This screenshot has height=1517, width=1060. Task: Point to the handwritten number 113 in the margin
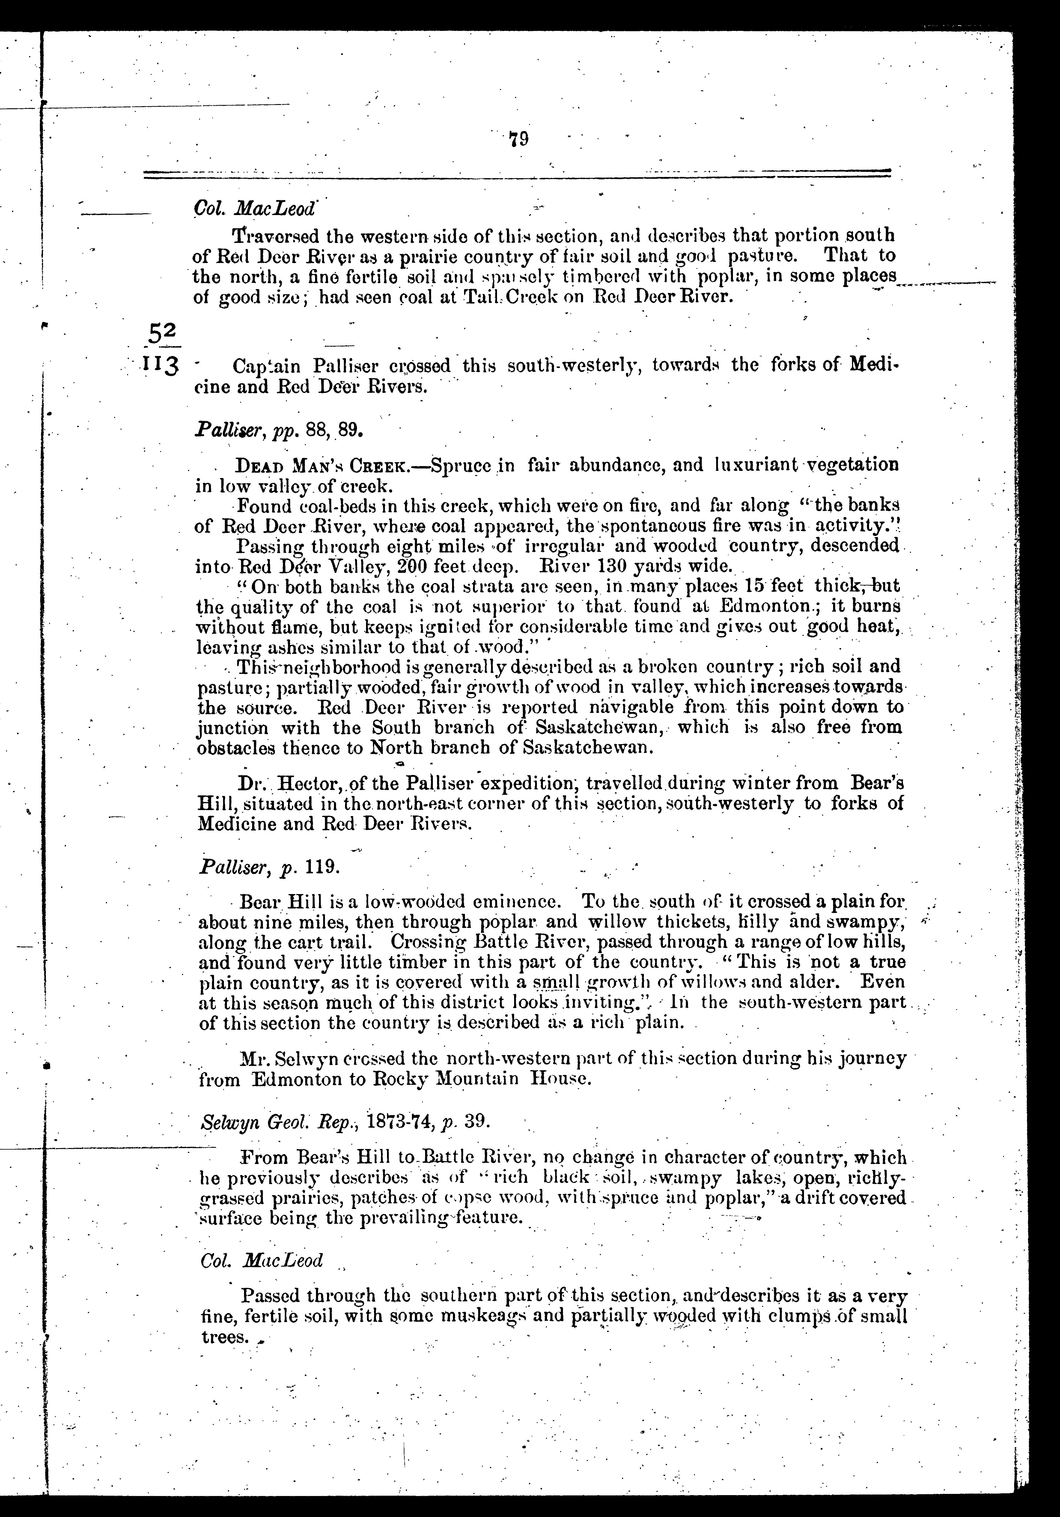[160, 365]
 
